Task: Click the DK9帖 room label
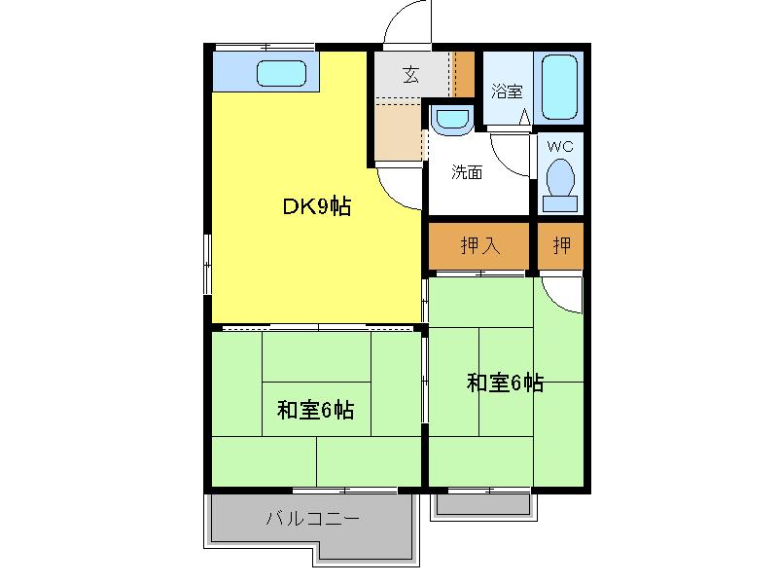coord(317,206)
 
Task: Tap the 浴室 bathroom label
coord(507,91)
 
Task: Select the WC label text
coord(560,147)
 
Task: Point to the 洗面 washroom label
coord(467,172)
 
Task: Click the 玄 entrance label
coord(410,75)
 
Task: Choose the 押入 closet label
coord(479,245)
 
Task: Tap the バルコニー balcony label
coord(312,519)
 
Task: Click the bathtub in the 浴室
coord(559,87)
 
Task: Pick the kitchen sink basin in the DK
coord(281,74)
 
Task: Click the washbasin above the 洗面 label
coord(452,119)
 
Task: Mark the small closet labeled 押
coord(561,246)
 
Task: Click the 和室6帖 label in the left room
coord(315,410)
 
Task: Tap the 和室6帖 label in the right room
coord(505,383)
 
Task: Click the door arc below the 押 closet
coord(553,303)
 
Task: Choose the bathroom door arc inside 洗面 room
coord(501,162)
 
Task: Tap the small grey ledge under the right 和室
coord(483,503)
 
